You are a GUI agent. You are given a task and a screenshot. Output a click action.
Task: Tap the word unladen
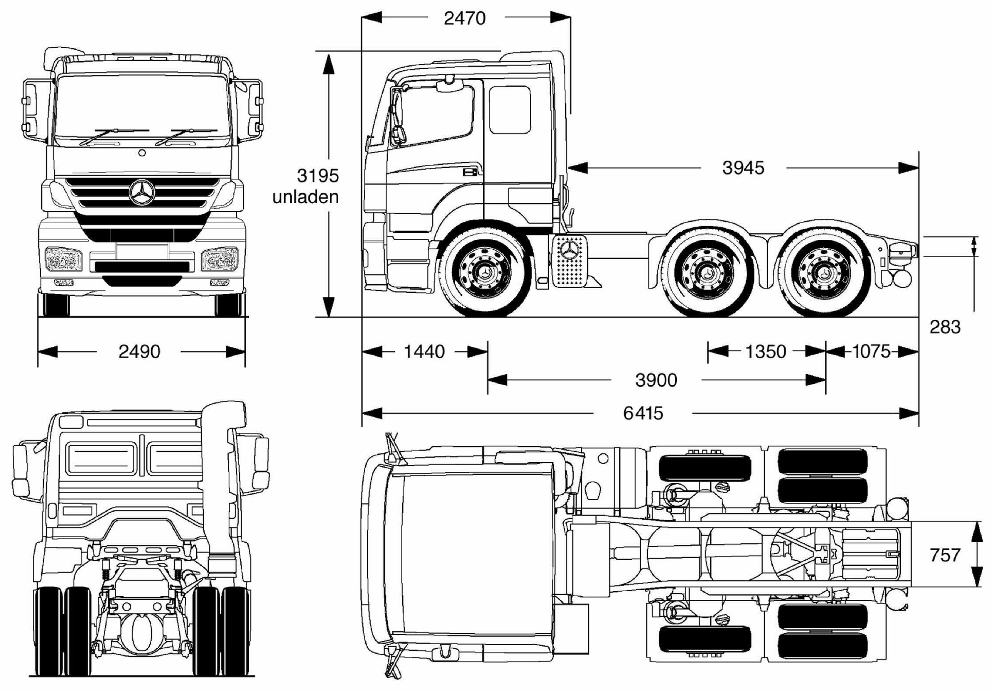(305, 197)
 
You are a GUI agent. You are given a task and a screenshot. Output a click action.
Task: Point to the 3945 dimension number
(743, 168)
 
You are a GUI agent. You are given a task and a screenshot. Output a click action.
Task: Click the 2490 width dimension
(139, 351)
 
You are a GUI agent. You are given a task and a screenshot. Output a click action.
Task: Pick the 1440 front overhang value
(424, 351)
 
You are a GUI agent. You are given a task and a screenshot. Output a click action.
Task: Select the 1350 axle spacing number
(766, 351)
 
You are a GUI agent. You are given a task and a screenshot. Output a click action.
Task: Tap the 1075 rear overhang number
(872, 351)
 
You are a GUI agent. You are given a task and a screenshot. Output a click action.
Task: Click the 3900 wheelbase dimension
(656, 380)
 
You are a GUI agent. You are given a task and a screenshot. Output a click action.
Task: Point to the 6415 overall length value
(643, 413)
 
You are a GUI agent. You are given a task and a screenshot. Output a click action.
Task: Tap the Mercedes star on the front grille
(141, 192)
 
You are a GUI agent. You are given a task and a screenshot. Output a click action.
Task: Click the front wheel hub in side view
(485, 272)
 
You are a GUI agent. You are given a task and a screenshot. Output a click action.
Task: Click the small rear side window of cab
(510, 109)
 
